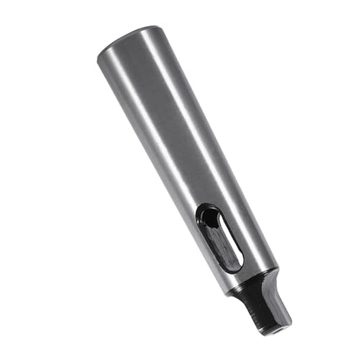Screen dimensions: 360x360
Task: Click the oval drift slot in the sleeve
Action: pyautogui.click(x=219, y=238)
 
